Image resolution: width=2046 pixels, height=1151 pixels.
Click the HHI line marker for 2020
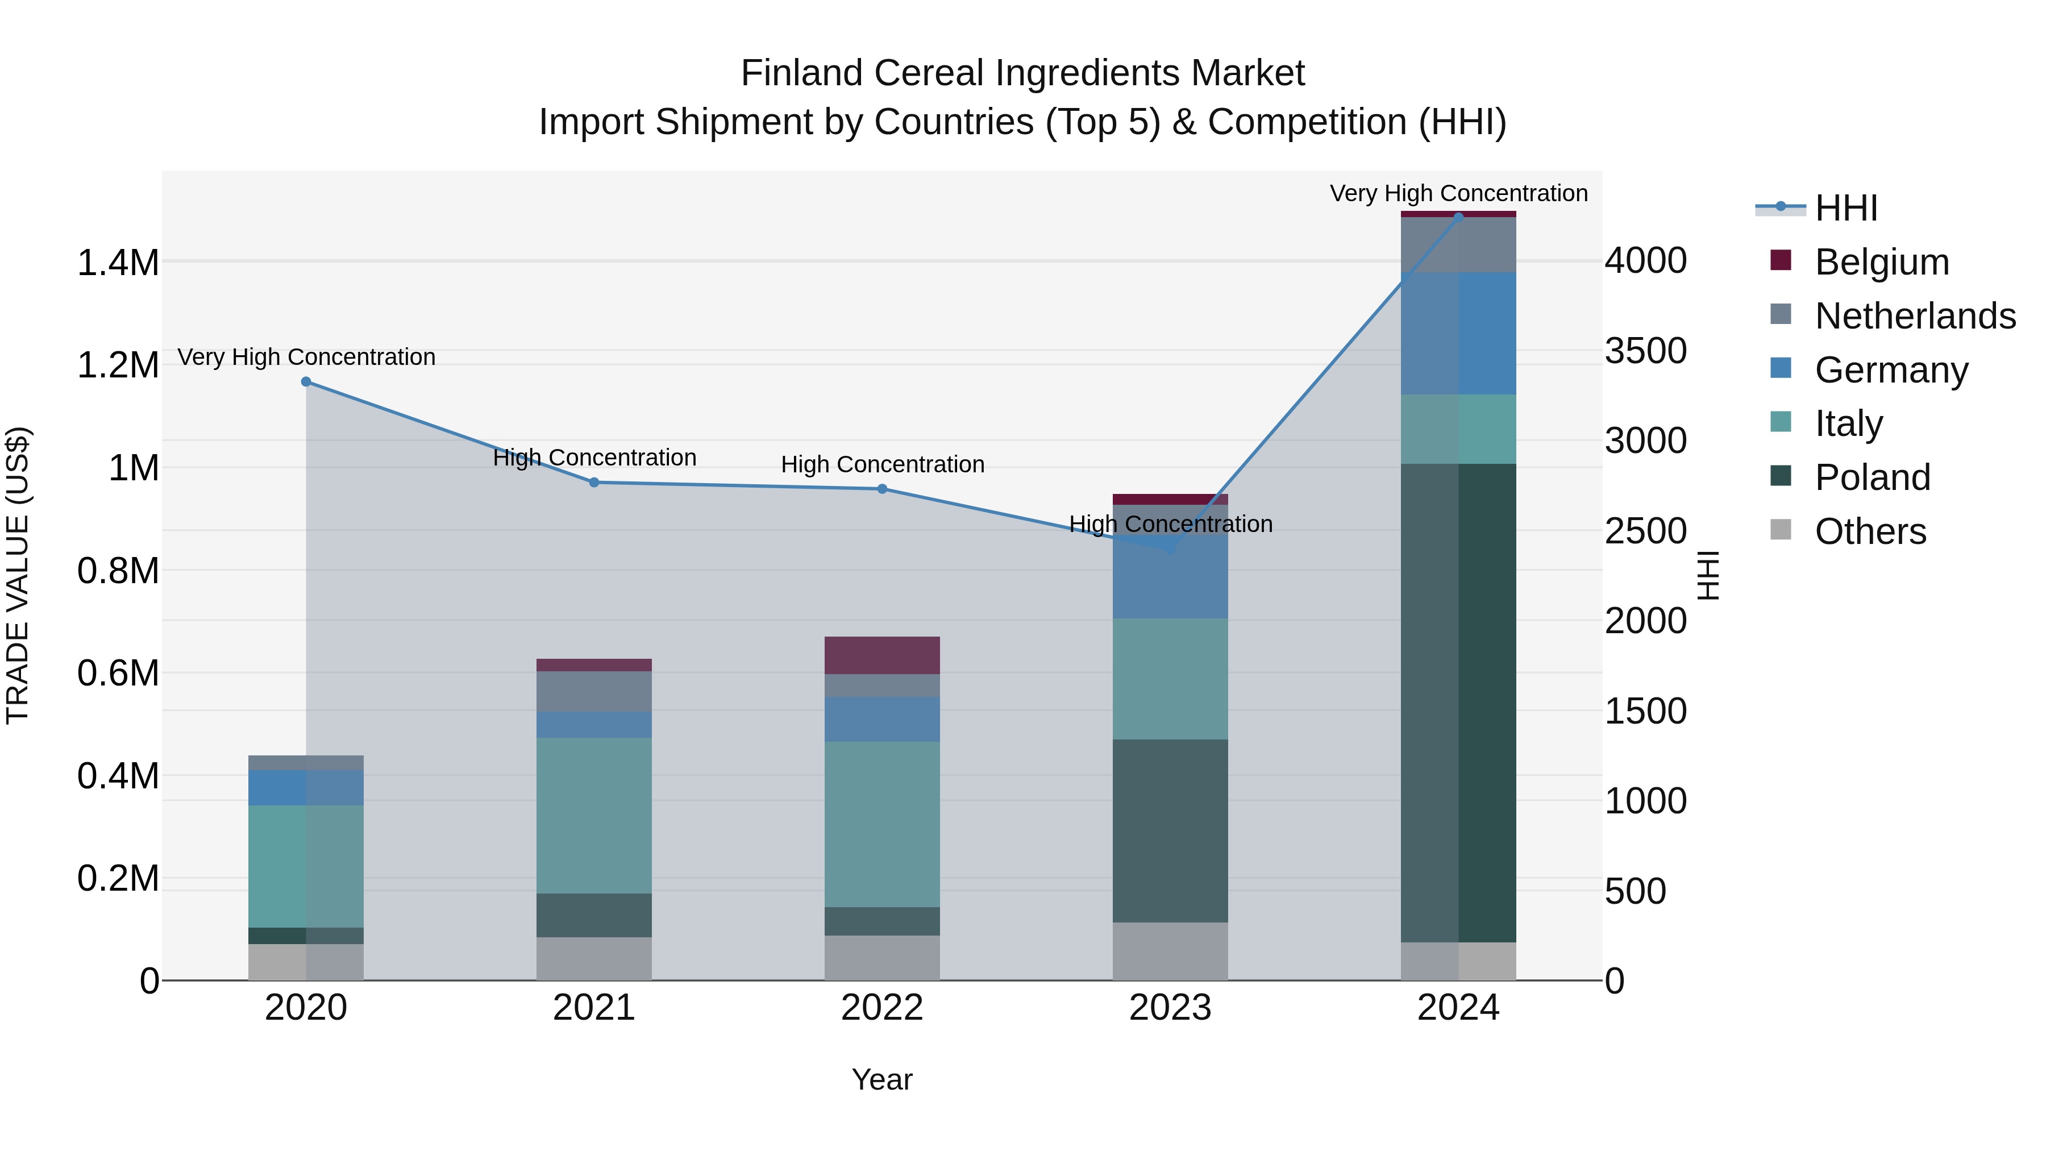306,382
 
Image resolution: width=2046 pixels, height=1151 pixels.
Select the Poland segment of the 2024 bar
1458,703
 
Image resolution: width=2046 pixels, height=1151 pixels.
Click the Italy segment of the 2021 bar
594,816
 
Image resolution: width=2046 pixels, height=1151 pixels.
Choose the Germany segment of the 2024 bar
1458,334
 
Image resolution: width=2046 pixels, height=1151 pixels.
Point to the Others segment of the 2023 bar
1170,951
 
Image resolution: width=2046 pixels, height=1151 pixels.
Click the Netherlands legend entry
1914,316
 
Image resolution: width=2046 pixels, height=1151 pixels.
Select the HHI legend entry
1845,208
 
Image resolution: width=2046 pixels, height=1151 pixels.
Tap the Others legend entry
1870,531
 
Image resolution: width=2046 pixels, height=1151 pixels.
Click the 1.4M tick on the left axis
118,263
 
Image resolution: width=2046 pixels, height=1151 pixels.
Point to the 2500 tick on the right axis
1645,531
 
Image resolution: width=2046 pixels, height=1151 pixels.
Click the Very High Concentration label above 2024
1458,194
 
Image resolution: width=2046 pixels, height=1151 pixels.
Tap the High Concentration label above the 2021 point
594,458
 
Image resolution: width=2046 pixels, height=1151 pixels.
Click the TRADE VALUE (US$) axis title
18,575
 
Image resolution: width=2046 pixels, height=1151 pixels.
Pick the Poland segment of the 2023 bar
1170,831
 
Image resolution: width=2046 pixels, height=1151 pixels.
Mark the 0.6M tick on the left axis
118,674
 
